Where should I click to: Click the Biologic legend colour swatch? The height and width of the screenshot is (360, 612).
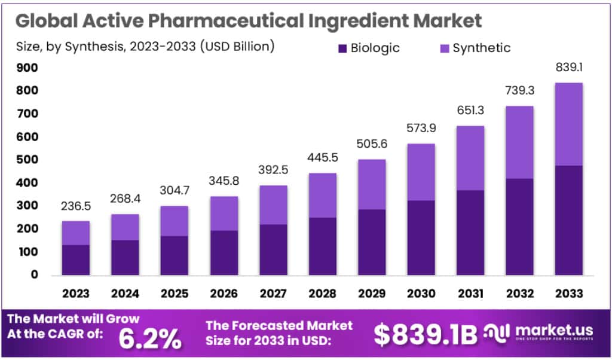coord(343,48)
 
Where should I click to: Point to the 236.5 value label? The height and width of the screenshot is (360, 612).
coord(76,207)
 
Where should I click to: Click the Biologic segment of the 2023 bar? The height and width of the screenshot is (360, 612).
coord(76,260)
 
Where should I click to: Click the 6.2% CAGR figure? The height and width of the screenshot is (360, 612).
coord(150,338)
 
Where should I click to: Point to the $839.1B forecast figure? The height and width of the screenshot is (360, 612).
coord(426,335)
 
